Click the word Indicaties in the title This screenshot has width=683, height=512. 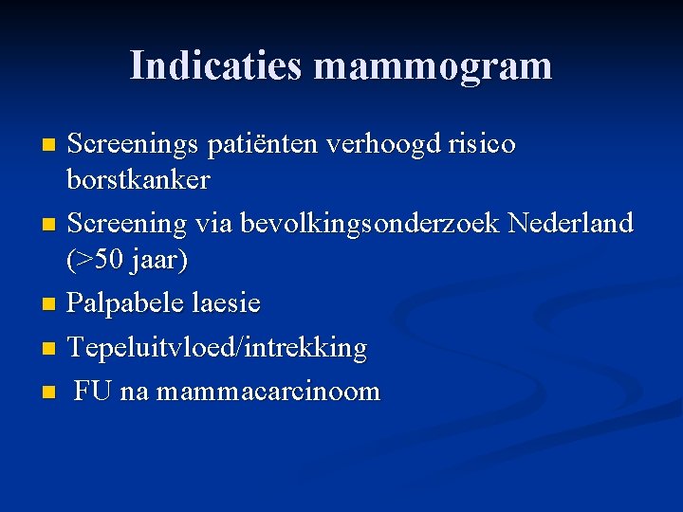click(x=216, y=65)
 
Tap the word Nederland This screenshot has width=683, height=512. click(x=570, y=223)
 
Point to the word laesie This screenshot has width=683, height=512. click(x=226, y=303)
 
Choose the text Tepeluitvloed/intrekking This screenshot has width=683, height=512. click(x=217, y=348)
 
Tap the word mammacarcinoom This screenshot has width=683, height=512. click(x=268, y=391)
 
